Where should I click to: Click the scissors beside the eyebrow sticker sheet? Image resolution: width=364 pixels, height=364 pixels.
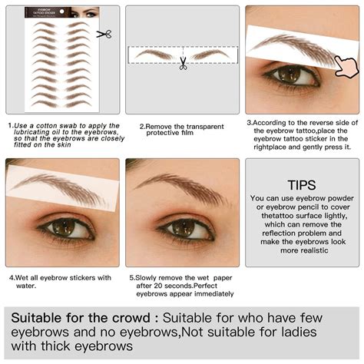pyautogui.click(x=104, y=34)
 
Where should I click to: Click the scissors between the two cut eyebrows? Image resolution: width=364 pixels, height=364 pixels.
pyautogui.click(x=183, y=64)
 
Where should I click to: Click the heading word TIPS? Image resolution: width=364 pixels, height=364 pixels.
pyautogui.click(x=301, y=185)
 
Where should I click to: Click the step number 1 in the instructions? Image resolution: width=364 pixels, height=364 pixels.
pyautogui.click(x=10, y=125)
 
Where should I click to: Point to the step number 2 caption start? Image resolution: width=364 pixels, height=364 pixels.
pyautogui.click(x=141, y=126)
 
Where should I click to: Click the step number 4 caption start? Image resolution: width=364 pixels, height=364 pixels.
pyautogui.click(x=10, y=277)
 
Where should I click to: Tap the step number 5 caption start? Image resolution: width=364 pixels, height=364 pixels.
pyautogui.click(x=131, y=277)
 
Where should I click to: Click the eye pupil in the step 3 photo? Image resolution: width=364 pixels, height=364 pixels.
pyautogui.click(x=290, y=74)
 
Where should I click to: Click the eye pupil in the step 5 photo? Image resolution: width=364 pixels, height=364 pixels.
pyautogui.click(x=182, y=227)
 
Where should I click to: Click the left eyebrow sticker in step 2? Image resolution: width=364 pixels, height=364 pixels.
pyautogui.click(x=154, y=55)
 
